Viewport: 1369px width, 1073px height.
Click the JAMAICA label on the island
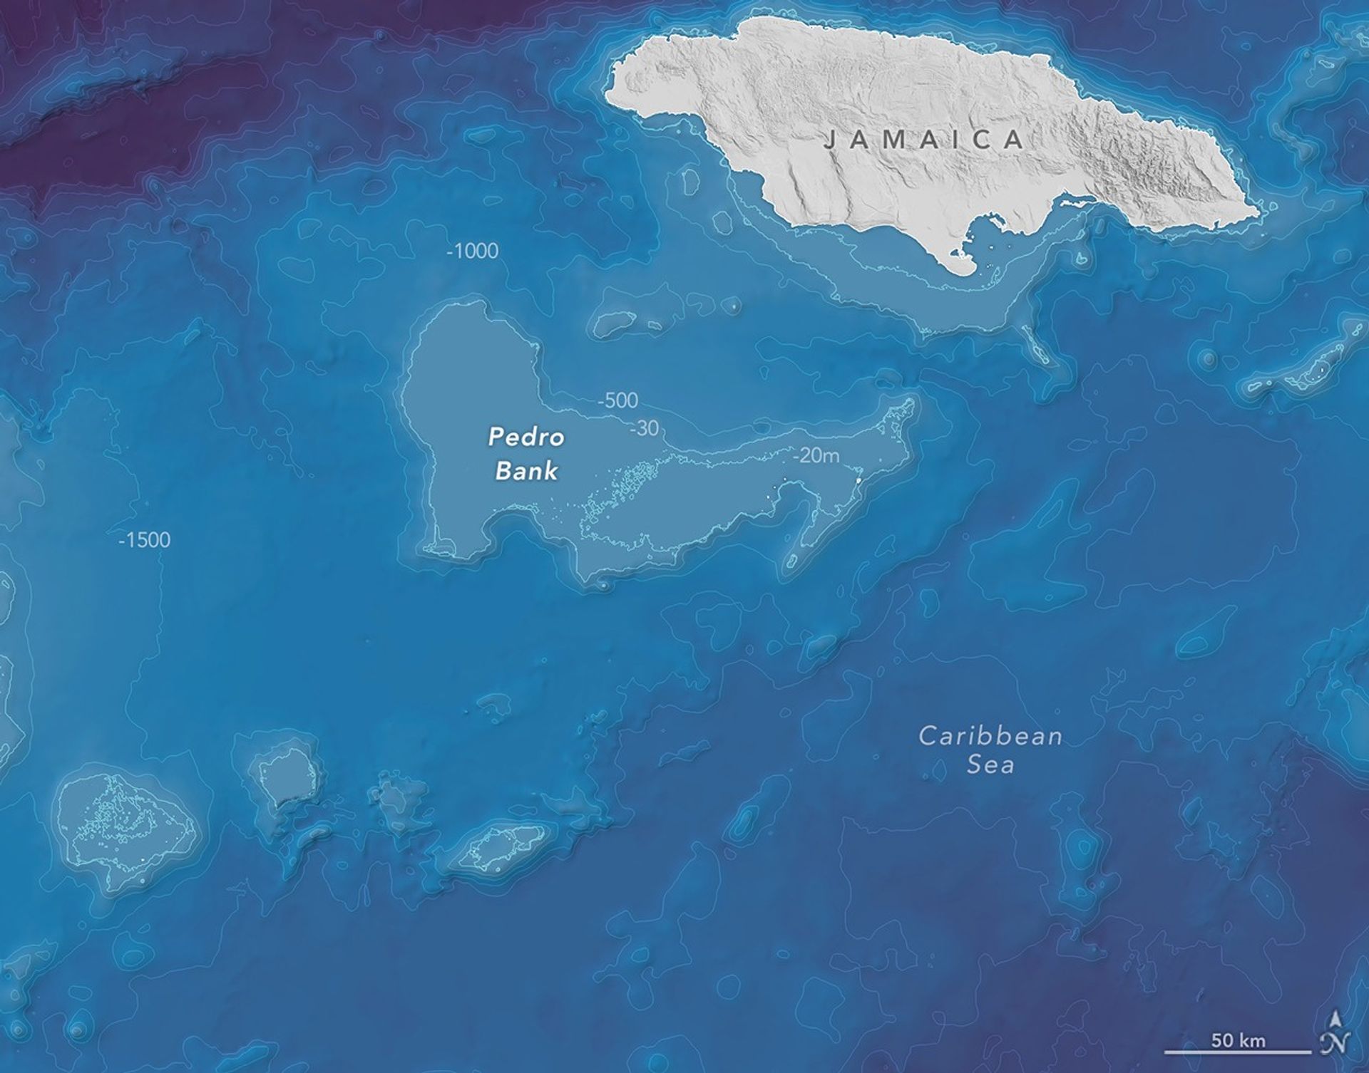click(x=923, y=139)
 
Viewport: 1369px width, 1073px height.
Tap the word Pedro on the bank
click(x=526, y=437)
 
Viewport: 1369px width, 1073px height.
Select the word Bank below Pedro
click(x=526, y=470)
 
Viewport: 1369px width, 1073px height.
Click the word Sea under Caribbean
click(x=990, y=765)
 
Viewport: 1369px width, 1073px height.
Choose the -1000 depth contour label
click(x=472, y=251)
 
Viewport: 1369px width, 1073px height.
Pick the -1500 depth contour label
click(x=145, y=540)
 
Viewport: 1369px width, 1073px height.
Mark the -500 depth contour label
click(x=617, y=400)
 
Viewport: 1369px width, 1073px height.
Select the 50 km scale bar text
click(x=1239, y=1040)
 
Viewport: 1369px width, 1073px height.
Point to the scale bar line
click(x=1239, y=1052)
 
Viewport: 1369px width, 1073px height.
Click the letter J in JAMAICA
click(x=829, y=140)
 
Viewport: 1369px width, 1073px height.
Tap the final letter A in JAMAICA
click(x=1014, y=140)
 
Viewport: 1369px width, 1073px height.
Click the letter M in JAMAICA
click(x=894, y=140)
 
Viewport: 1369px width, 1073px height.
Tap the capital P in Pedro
click(x=496, y=437)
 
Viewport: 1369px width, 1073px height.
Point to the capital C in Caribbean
click(x=927, y=735)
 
